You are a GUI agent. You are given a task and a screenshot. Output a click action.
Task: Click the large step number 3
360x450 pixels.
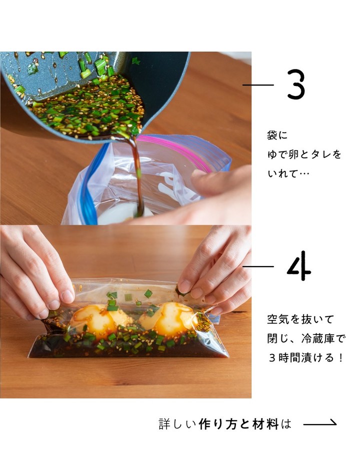(x=295, y=84)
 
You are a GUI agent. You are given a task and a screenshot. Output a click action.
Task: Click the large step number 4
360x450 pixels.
(x=299, y=266)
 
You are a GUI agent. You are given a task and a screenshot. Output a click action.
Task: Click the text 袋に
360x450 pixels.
(x=277, y=135)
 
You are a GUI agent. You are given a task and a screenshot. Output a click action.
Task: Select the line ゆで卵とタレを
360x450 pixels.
(x=304, y=154)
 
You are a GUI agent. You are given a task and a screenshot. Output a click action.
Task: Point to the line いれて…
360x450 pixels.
(x=288, y=173)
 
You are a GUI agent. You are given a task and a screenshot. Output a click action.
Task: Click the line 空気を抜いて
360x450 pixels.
(x=300, y=319)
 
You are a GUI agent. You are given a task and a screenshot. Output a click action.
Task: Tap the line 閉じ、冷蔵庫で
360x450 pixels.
(x=306, y=338)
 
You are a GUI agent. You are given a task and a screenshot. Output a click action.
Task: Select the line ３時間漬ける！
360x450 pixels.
(x=305, y=357)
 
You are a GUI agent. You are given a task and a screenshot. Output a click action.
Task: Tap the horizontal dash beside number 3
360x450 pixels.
(x=258, y=85)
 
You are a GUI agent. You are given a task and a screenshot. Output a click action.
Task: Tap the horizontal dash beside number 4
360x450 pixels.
(x=258, y=266)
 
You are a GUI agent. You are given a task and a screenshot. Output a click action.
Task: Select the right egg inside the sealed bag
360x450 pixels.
(x=170, y=317)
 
